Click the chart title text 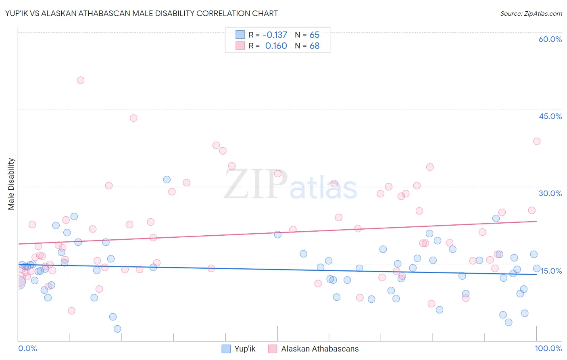[141, 13]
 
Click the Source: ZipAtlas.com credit [531, 13]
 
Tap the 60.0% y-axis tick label [550, 39]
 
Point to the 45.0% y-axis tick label [550, 116]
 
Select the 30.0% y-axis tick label [550, 193]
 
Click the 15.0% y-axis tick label [551, 271]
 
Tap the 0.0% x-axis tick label [27, 348]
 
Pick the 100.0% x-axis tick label [548, 348]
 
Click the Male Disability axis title [11, 184]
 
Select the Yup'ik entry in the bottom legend [245, 349]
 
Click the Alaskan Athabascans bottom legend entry [319, 349]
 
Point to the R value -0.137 [275, 35]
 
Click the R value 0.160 [276, 46]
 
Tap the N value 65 [314, 35]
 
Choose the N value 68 [314, 46]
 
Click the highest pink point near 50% [81, 80]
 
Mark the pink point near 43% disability [133, 118]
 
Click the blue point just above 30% [167, 180]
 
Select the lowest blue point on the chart [117, 329]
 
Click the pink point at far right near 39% [536, 141]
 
